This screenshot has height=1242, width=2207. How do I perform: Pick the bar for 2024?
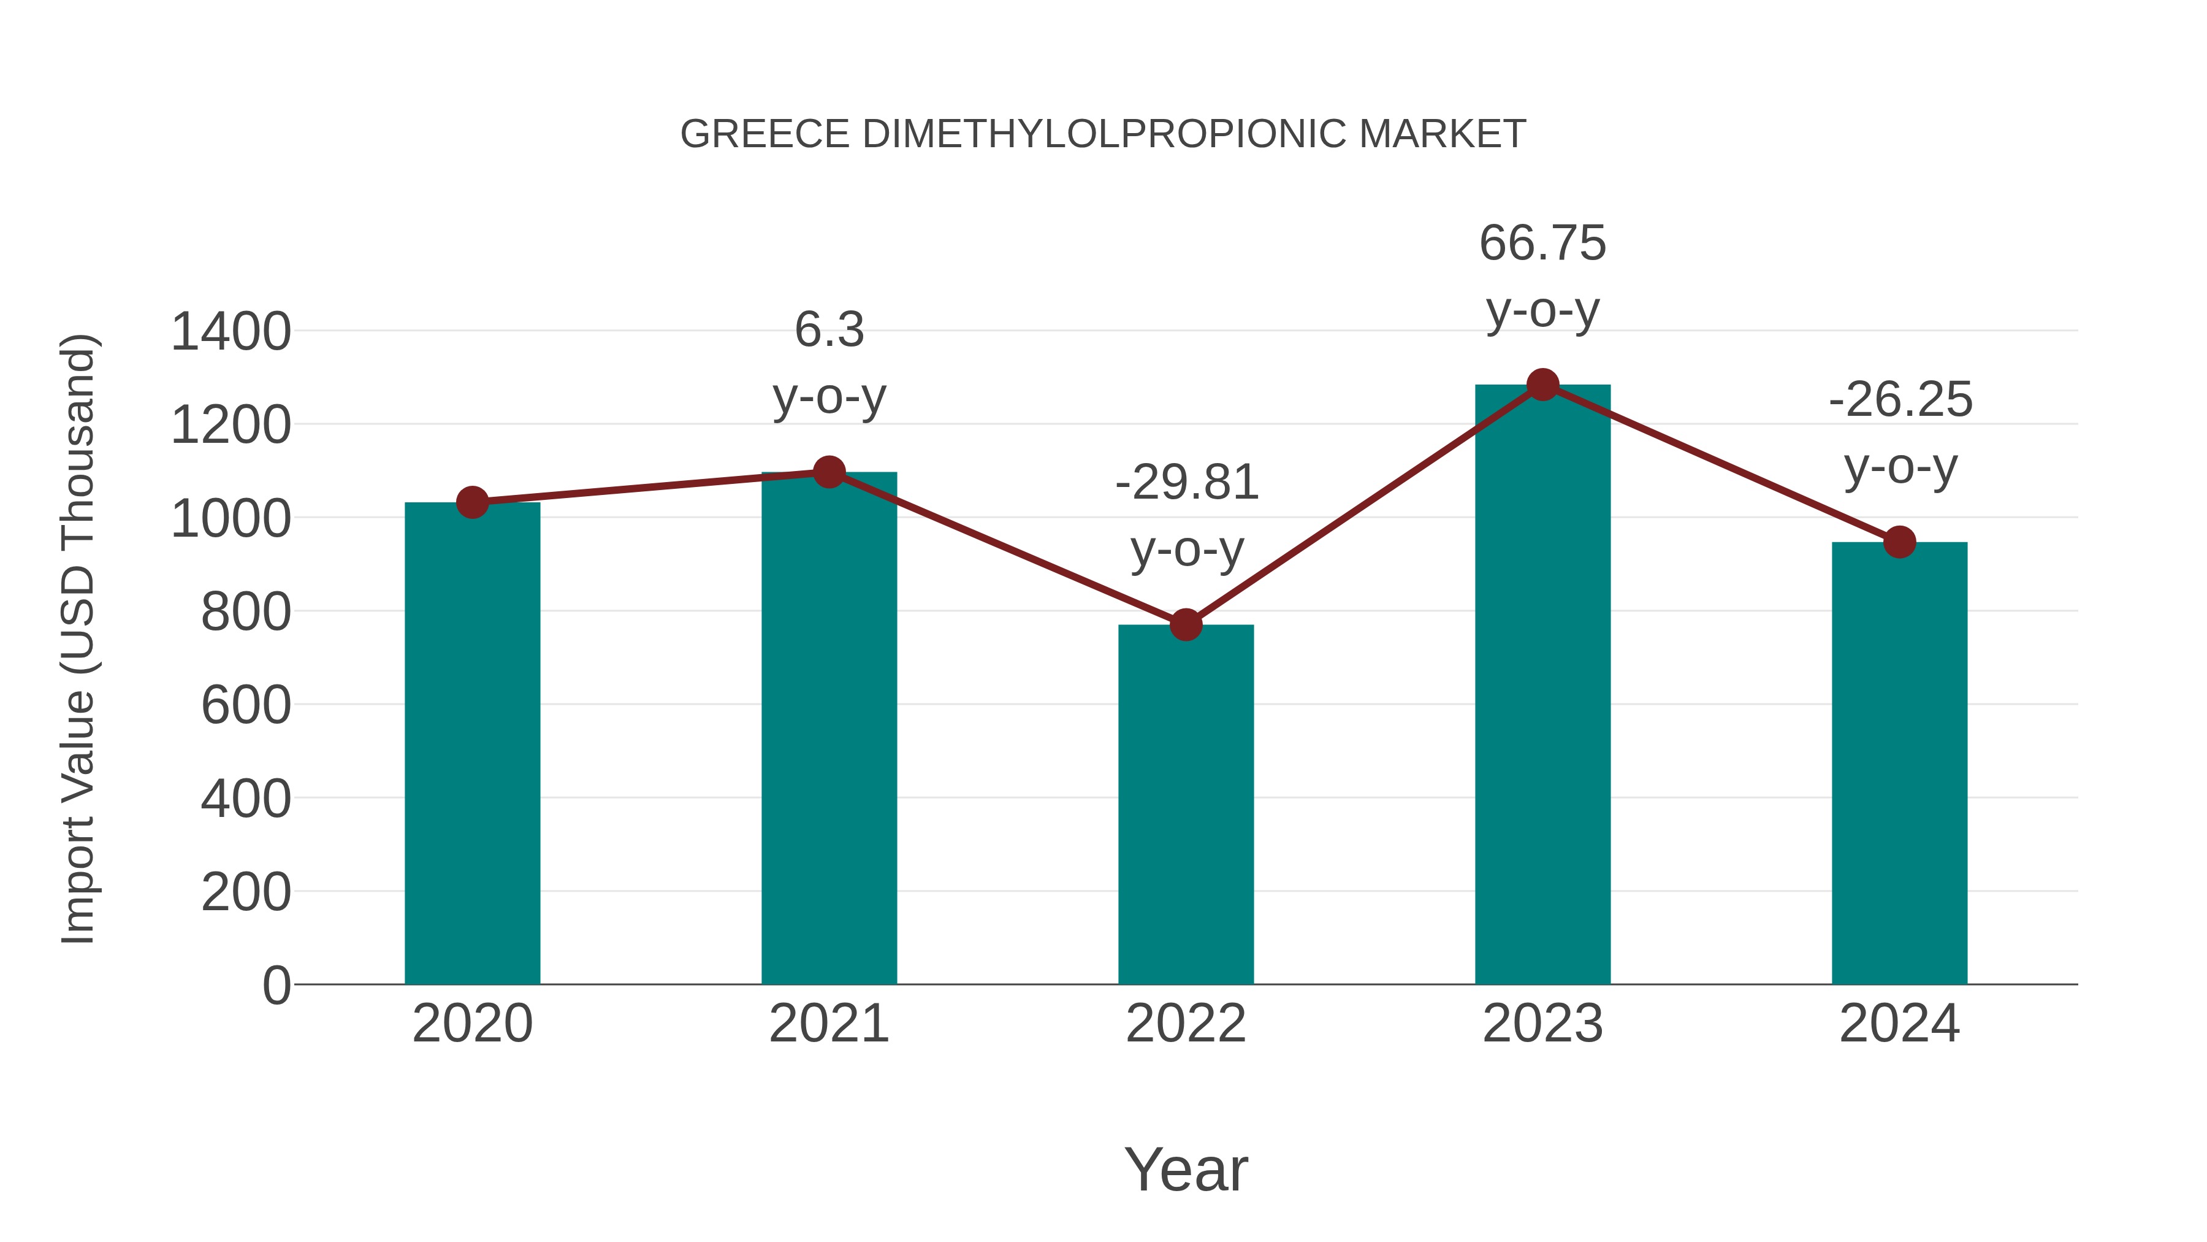pos(1899,763)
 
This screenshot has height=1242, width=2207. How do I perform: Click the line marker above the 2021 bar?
pos(828,472)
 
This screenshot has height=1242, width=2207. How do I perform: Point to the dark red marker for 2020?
pos(472,502)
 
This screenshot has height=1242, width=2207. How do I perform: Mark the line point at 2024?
pos(1899,542)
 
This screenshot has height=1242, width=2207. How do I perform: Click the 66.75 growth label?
pos(1542,243)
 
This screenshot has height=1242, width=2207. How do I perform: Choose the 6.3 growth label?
pos(828,330)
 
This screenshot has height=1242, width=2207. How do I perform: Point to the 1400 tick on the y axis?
pos(231,332)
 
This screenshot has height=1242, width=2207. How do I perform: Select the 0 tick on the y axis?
pos(276,985)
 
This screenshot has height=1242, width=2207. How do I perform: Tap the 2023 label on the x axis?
pos(1542,1024)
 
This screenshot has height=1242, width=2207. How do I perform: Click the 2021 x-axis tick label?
pos(828,1024)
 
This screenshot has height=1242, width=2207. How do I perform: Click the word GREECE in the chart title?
pos(764,134)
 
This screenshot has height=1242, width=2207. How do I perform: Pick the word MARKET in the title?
pos(1442,134)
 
